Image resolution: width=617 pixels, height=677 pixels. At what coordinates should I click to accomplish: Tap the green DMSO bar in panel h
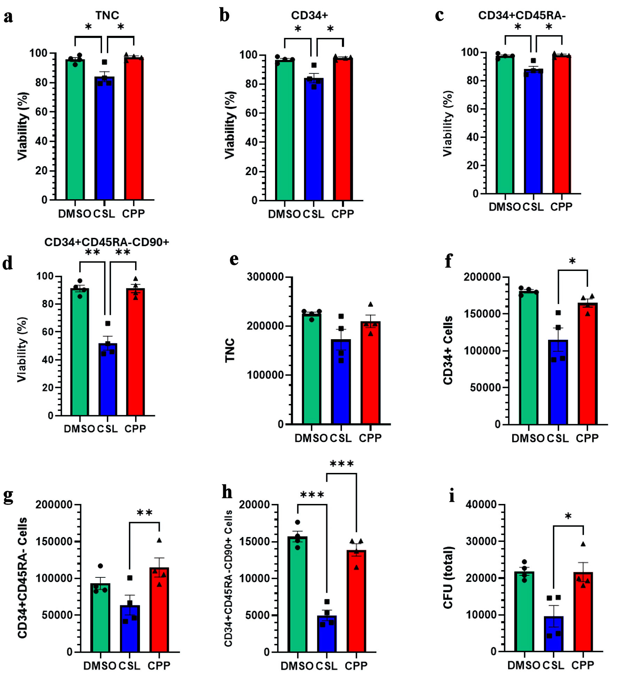pos(298,596)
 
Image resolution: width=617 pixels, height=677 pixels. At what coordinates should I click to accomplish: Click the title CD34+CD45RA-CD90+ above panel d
pos(107,242)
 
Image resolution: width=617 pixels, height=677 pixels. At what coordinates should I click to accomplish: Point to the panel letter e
pos(234,260)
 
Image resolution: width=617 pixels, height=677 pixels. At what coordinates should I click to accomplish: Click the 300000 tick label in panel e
pos(265,277)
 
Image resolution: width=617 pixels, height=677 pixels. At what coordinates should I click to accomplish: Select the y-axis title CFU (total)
pos(448,578)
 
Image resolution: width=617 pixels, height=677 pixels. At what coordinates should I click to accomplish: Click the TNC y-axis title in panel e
pos(230,350)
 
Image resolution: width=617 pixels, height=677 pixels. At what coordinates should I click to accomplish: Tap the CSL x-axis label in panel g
pos(130,666)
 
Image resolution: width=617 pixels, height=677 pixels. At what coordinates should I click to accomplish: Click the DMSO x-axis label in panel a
pos(75,213)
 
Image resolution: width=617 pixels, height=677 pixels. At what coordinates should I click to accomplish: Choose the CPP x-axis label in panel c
pos(561,207)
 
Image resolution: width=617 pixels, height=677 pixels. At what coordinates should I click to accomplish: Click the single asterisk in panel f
pos(572,261)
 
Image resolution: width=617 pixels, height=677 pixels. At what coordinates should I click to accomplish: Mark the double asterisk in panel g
pos(145,513)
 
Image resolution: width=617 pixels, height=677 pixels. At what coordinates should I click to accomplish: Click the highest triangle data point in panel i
pos(583,544)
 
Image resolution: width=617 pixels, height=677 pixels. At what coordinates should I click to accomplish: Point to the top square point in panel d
pos(108,324)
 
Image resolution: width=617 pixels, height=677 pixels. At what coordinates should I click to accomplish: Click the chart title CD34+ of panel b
pos(309,15)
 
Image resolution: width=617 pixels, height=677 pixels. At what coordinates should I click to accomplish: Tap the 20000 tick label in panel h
pos(255,505)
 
